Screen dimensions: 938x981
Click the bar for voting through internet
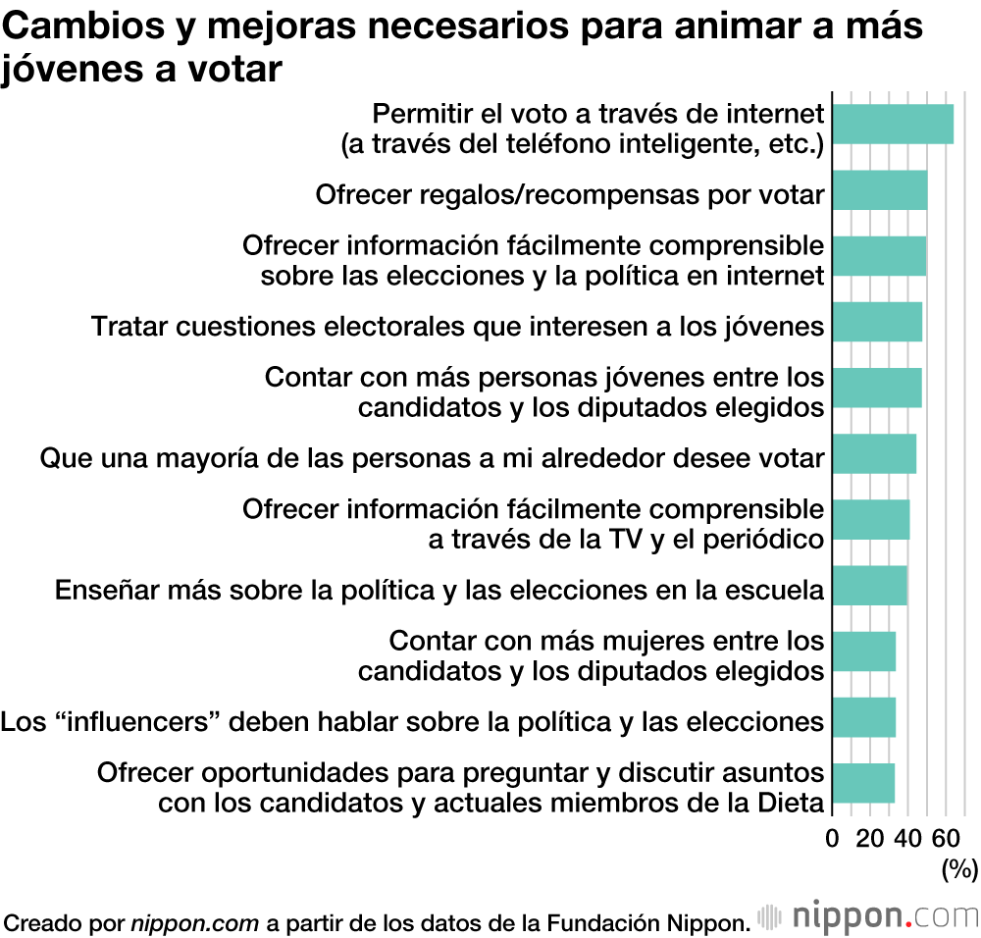coord(893,124)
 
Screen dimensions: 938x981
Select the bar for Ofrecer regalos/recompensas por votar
coord(880,190)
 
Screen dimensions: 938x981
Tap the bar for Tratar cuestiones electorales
coord(877,322)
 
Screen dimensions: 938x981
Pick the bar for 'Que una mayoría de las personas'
coord(874,454)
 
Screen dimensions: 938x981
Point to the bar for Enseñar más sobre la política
coord(869,586)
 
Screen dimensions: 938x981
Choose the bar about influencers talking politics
coord(863,717)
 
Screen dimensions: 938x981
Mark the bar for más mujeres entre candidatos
coord(863,651)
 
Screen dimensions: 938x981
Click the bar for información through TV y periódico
coord(871,520)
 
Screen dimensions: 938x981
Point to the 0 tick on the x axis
coord(833,838)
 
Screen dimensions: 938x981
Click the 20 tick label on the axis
coord(870,838)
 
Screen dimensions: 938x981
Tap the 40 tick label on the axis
coord(907,838)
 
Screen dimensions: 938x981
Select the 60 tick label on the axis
coord(945,838)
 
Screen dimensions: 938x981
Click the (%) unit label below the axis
coord(959,868)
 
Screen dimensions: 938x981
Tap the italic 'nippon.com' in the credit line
coord(195,922)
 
